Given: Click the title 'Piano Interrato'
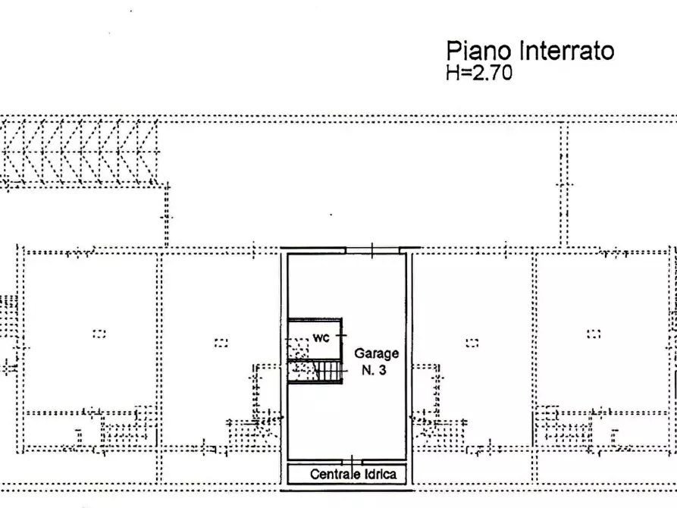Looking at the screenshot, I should tap(529, 52).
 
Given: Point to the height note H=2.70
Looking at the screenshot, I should tap(479, 73).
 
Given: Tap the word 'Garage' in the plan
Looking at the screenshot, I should tap(376, 354).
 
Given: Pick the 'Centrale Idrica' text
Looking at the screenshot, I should tap(353, 475).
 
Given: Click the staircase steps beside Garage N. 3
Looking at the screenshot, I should tap(328, 371).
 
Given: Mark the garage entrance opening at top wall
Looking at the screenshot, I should tap(372, 249).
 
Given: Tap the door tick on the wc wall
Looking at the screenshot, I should tap(342, 334).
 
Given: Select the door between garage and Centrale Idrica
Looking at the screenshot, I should tap(353, 461).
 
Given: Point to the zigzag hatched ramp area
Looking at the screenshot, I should tap(80, 152).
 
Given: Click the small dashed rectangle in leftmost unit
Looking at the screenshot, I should tap(99, 333).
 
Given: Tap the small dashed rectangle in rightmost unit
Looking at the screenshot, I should tap(594, 333).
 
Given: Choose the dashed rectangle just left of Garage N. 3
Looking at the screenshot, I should tap(221, 342).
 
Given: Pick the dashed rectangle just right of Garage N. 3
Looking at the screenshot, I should tap(472, 342).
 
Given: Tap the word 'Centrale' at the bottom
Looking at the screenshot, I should tap(333, 475).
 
